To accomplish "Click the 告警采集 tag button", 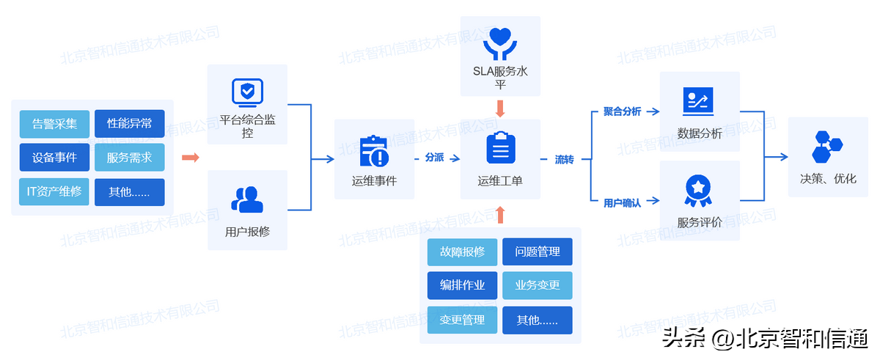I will click(54, 124).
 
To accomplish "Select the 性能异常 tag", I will click(130, 124).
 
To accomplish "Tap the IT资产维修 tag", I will click(54, 192).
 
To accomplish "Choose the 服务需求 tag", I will click(130, 158).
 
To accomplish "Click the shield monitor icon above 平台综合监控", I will click(247, 92).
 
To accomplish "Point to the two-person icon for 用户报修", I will click(247, 199).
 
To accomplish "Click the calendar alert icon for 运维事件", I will click(374, 152).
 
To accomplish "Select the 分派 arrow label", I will click(434, 158).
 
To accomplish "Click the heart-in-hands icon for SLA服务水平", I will click(500, 43).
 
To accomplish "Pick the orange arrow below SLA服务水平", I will click(501, 109).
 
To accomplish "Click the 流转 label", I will click(564, 159).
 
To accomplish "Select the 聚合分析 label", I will click(622, 111).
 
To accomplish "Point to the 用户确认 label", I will click(622, 203).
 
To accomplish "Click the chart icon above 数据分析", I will click(698, 101).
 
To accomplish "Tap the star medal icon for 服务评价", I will click(698, 191).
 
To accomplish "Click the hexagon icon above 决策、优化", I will click(827, 147).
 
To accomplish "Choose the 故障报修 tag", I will click(462, 252).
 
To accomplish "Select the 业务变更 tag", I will click(538, 286).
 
